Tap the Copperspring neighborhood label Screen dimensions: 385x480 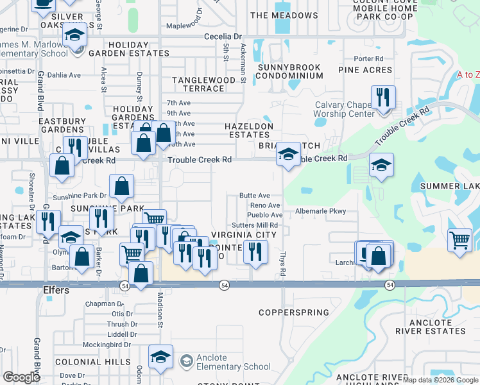click(x=294, y=312)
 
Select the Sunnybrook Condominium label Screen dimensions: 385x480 click(x=289, y=71)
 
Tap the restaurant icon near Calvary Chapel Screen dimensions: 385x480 click(x=383, y=98)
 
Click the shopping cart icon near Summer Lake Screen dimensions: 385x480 click(x=460, y=241)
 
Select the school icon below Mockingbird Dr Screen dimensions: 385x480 click(x=160, y=357)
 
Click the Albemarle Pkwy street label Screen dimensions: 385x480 click(x=320, y=211)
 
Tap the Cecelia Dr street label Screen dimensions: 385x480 click(x=223, y=37)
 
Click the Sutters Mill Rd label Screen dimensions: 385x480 click(x=255, y=225)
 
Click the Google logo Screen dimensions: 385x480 click(x=22, y=377)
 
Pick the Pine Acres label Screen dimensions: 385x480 click(x=364, y=70)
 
